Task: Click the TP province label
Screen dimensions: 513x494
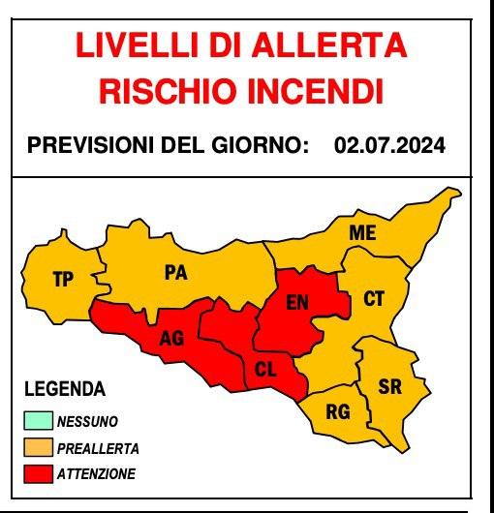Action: (63, 280)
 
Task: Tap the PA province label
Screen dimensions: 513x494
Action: (175, 273)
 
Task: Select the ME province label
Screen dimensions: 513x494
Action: (362, 234)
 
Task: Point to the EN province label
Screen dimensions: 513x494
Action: (298, 302)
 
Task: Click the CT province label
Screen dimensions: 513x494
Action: (374, 299)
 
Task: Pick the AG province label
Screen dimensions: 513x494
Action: (171, 338)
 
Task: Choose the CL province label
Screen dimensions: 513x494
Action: (265, 369)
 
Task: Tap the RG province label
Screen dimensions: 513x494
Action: (337, 412)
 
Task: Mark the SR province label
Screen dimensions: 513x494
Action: (389, 387)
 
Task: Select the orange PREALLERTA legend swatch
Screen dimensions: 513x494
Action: (39, 448)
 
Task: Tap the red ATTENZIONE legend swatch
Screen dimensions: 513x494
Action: (39, 474)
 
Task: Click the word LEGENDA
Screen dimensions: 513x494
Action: (64, 390)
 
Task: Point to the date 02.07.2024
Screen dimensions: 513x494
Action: (389, 146)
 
